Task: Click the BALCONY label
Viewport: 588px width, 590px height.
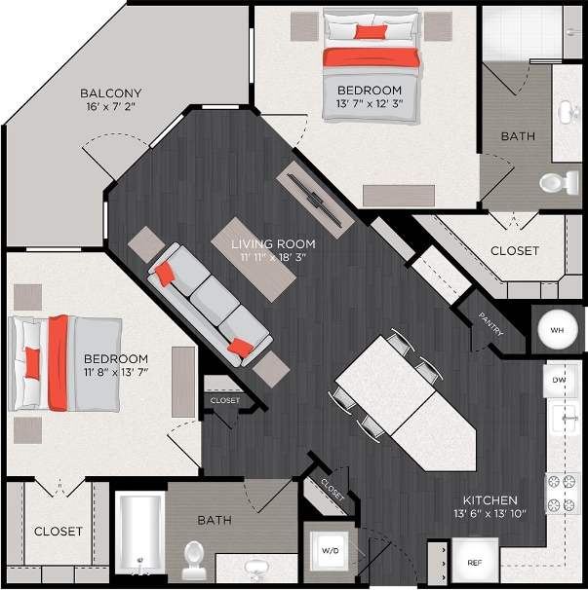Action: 107,94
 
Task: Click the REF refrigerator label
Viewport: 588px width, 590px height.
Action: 475,563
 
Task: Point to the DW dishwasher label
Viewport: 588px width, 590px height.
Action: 559,380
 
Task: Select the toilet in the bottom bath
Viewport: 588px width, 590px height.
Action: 193,557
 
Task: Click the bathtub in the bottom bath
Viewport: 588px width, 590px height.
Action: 139,535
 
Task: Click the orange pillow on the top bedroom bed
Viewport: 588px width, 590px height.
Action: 371,32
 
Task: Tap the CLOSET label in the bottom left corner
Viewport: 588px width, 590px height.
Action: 59,532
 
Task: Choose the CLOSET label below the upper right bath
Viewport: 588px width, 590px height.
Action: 515,250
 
